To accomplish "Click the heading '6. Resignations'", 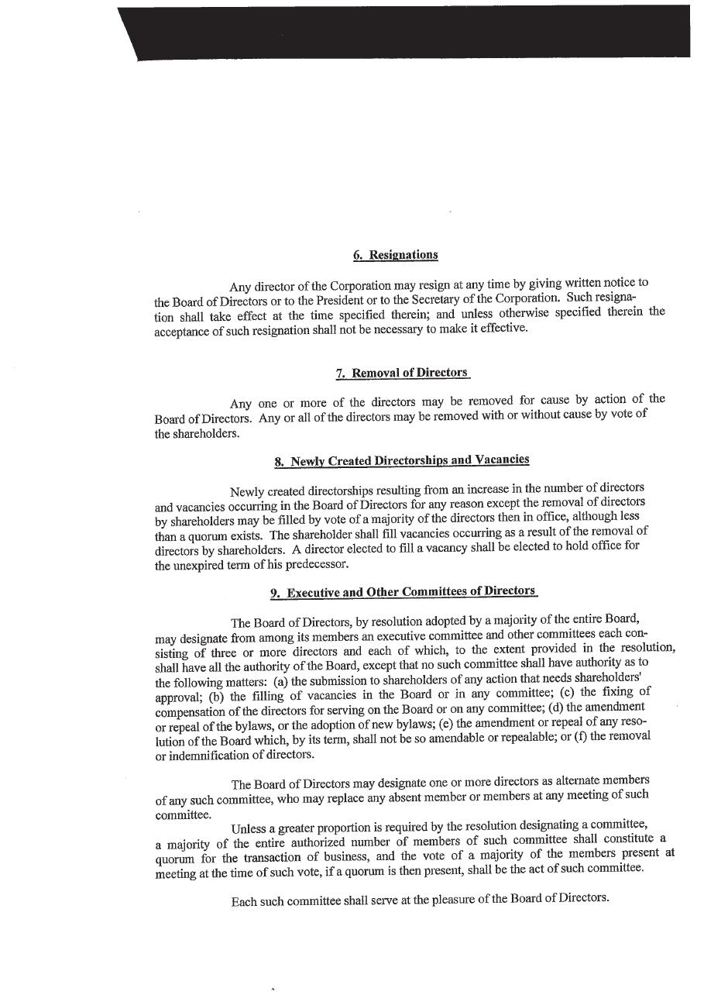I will tap(395, 255).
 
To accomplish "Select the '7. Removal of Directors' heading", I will tap(403, 373).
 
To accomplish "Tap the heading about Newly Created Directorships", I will tap(402, 460).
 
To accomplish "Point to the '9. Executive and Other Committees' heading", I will tap(403, 593).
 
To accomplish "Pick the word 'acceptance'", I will tap(182, 330).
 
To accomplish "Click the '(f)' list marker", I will tap(578, 736).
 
